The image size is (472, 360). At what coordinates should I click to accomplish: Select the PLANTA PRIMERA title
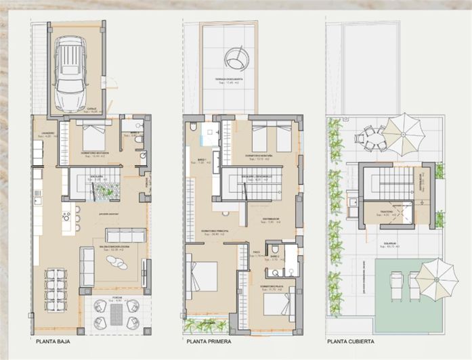tap(210, 342)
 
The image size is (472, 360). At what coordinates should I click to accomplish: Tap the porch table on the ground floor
tap(115, 313)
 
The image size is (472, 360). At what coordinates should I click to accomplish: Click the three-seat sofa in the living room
tap(125, 235)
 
